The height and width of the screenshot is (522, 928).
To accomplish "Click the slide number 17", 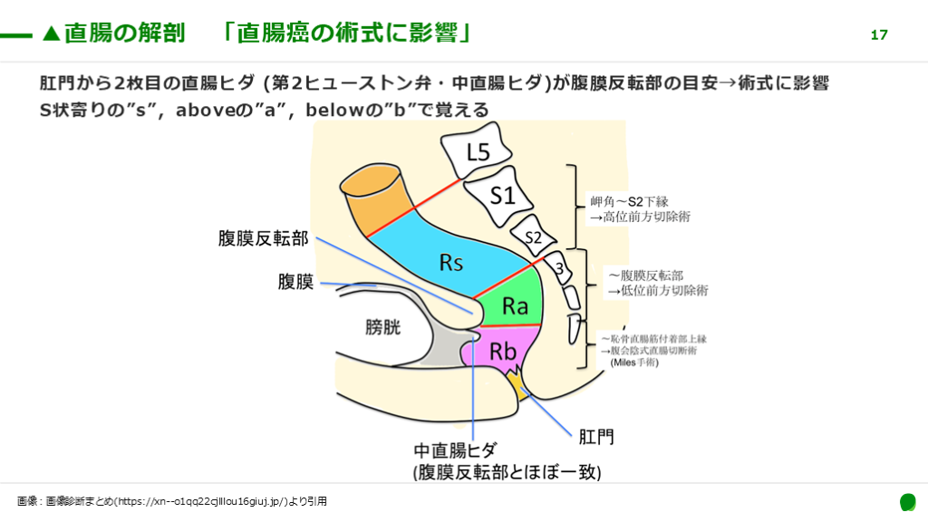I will (878, 35).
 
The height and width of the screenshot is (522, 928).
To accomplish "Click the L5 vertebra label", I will (478, 154).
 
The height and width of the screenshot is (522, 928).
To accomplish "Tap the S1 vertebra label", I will (502, 196).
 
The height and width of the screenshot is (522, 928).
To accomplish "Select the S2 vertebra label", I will (534, 237).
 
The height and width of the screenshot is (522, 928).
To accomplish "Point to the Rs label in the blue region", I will (451, 263).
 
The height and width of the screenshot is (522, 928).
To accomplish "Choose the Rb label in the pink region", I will (503, 352).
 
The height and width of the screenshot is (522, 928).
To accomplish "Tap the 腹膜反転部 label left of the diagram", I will (264, 238).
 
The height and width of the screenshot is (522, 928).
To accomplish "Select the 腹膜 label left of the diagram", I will (295, 282).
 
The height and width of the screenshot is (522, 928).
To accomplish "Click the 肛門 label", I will (596, 437).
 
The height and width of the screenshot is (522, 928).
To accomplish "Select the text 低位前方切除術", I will (658, 290).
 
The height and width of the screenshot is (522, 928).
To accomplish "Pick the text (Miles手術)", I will (634, 362).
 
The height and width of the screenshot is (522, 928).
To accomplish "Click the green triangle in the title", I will (52, 34).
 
